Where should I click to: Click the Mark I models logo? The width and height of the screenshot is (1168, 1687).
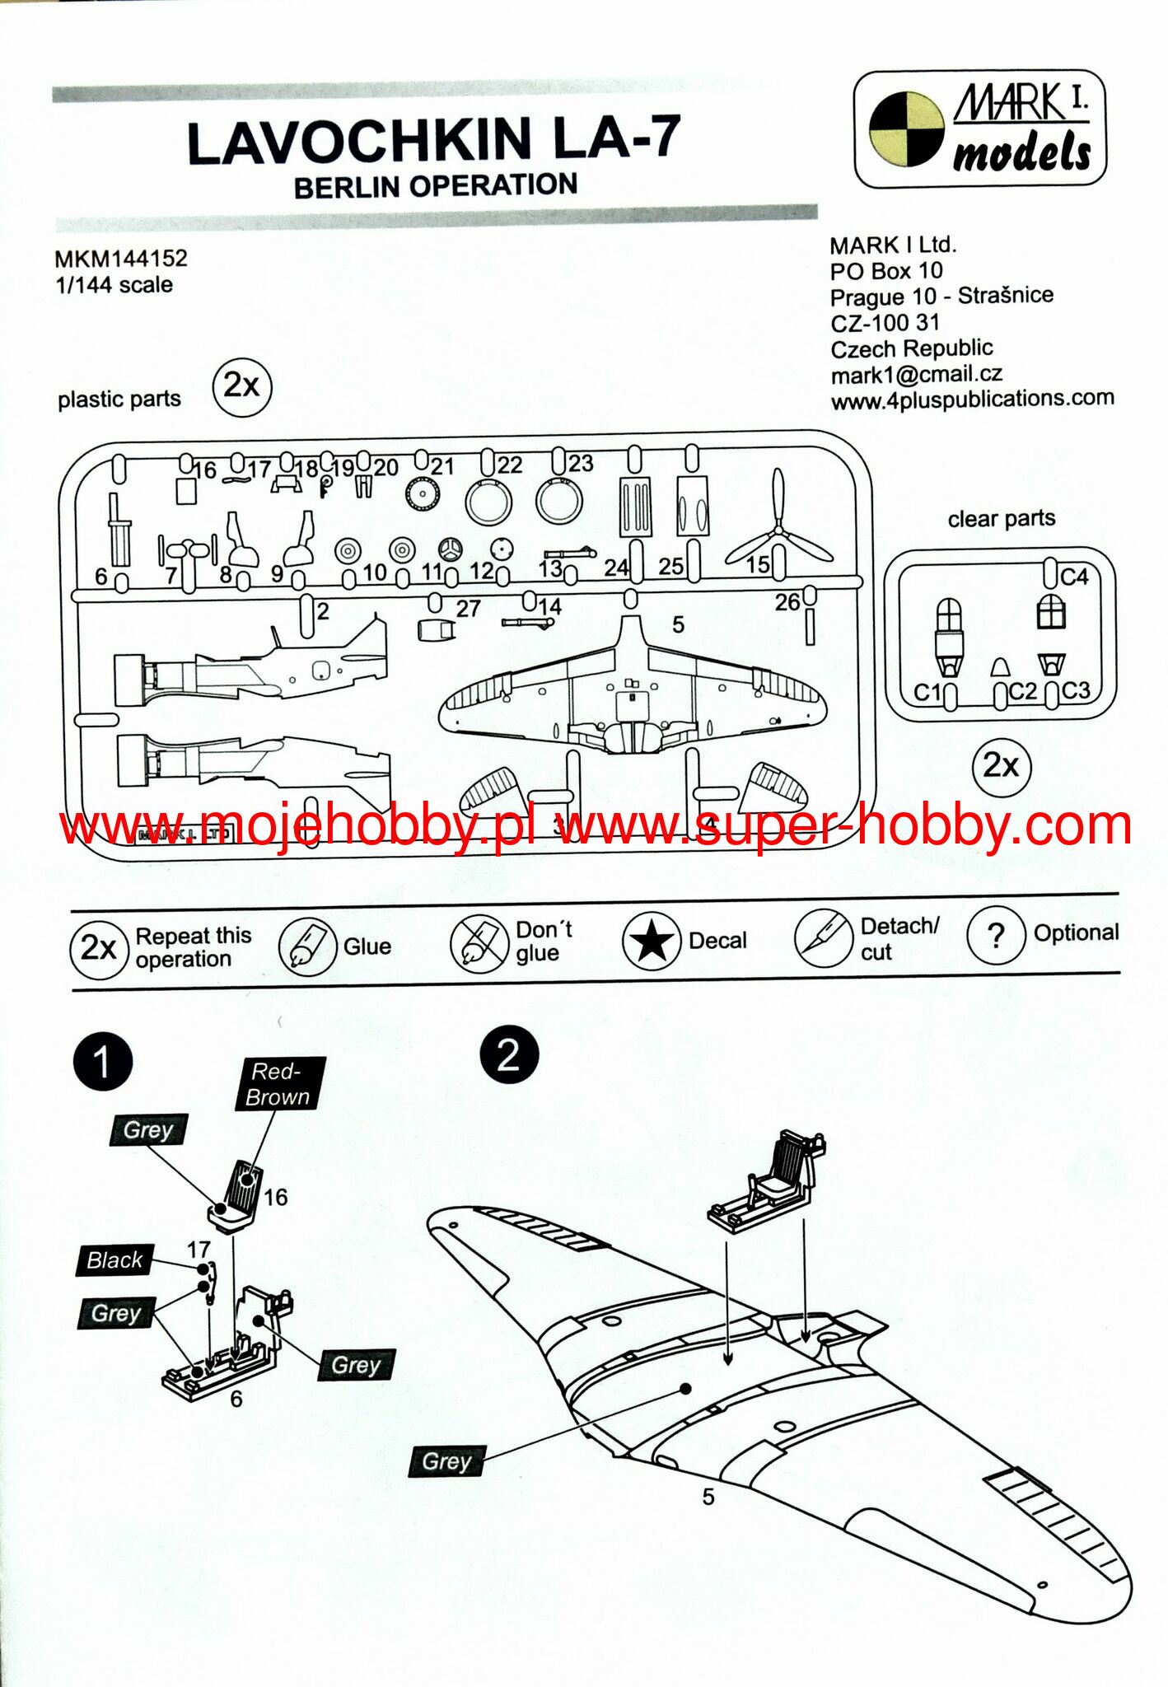(980, 129)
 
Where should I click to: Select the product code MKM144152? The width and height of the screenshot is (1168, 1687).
(121, 259)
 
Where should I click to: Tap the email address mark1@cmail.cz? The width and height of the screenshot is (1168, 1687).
(916, 375)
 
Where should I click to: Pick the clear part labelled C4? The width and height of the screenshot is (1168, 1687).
(1051, 610)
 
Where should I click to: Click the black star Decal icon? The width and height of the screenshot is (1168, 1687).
(652, 942)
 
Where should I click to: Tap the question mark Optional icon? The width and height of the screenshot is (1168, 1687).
(995, 935)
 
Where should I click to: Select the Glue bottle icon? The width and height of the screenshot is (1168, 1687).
(307, 946)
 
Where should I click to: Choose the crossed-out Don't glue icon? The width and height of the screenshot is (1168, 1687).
(479, 944)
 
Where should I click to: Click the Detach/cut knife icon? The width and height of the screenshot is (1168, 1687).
(823, 938)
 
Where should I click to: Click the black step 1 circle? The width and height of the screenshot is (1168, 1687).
(103, 1061)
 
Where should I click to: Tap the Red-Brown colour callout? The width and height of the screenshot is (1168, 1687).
(278, 1084)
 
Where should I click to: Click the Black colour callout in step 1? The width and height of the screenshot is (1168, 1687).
(115, 1260)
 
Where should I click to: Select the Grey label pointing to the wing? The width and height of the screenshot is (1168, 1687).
(446, 1461)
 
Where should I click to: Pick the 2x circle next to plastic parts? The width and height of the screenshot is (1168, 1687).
(241, 386)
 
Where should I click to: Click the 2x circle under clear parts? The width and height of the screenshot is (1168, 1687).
(1001, 766)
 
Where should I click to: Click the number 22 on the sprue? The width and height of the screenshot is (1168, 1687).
(510, 465)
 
